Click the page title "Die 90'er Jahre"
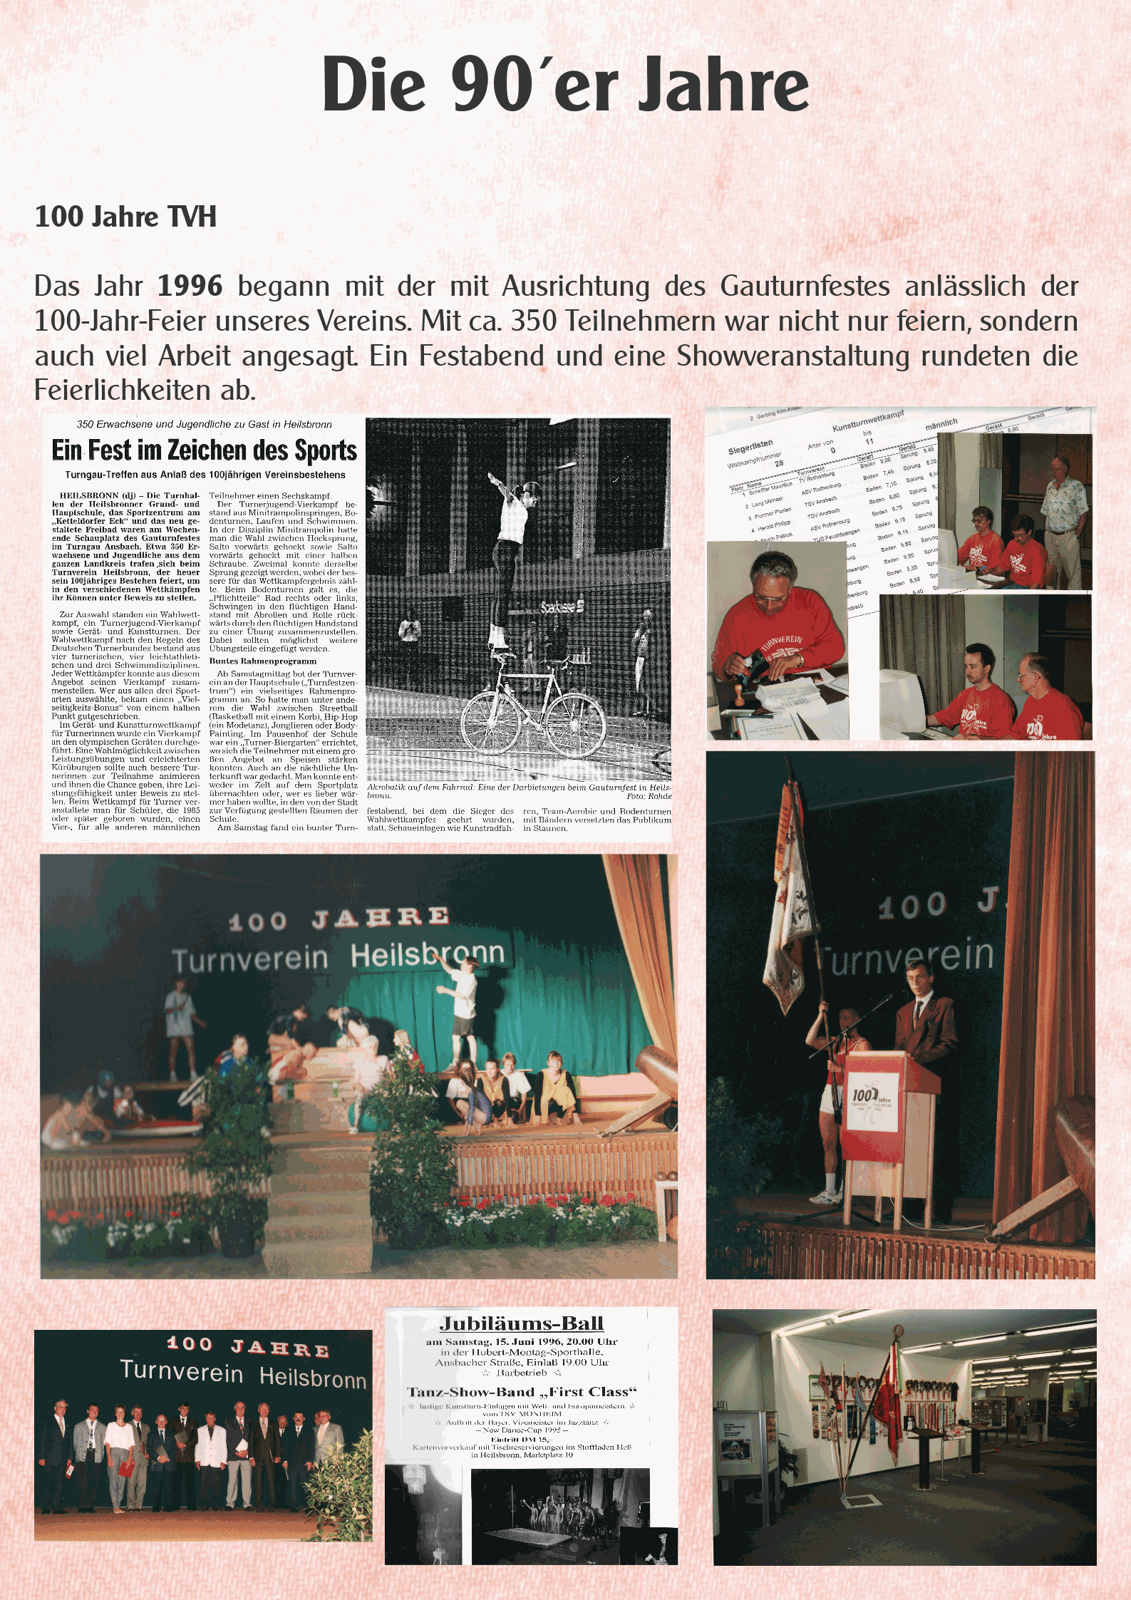(x=565, y=84)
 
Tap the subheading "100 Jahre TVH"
(x=125, y=217)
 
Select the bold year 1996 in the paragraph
(x=190, y=287)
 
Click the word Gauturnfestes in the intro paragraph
(x=805, y=287)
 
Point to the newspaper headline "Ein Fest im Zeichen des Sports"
(x=205, y=450)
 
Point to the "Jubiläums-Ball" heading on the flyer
(x=522, y=1324)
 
